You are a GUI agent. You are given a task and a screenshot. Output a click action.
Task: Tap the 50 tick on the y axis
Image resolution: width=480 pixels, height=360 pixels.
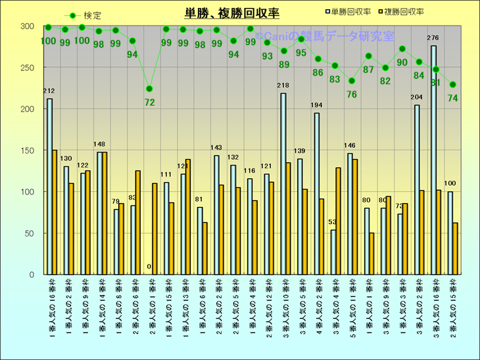pos(29,233)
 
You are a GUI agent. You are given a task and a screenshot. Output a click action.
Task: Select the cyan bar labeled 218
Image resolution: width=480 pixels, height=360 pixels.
pos(283,183)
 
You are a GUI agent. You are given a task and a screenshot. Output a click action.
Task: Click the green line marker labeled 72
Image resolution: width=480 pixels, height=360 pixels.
pos(149,89)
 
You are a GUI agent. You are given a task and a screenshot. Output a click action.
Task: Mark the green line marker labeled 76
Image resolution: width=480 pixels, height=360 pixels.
pos(352,81)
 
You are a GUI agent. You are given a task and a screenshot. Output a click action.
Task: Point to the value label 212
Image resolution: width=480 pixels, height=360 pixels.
pos(49,91)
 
